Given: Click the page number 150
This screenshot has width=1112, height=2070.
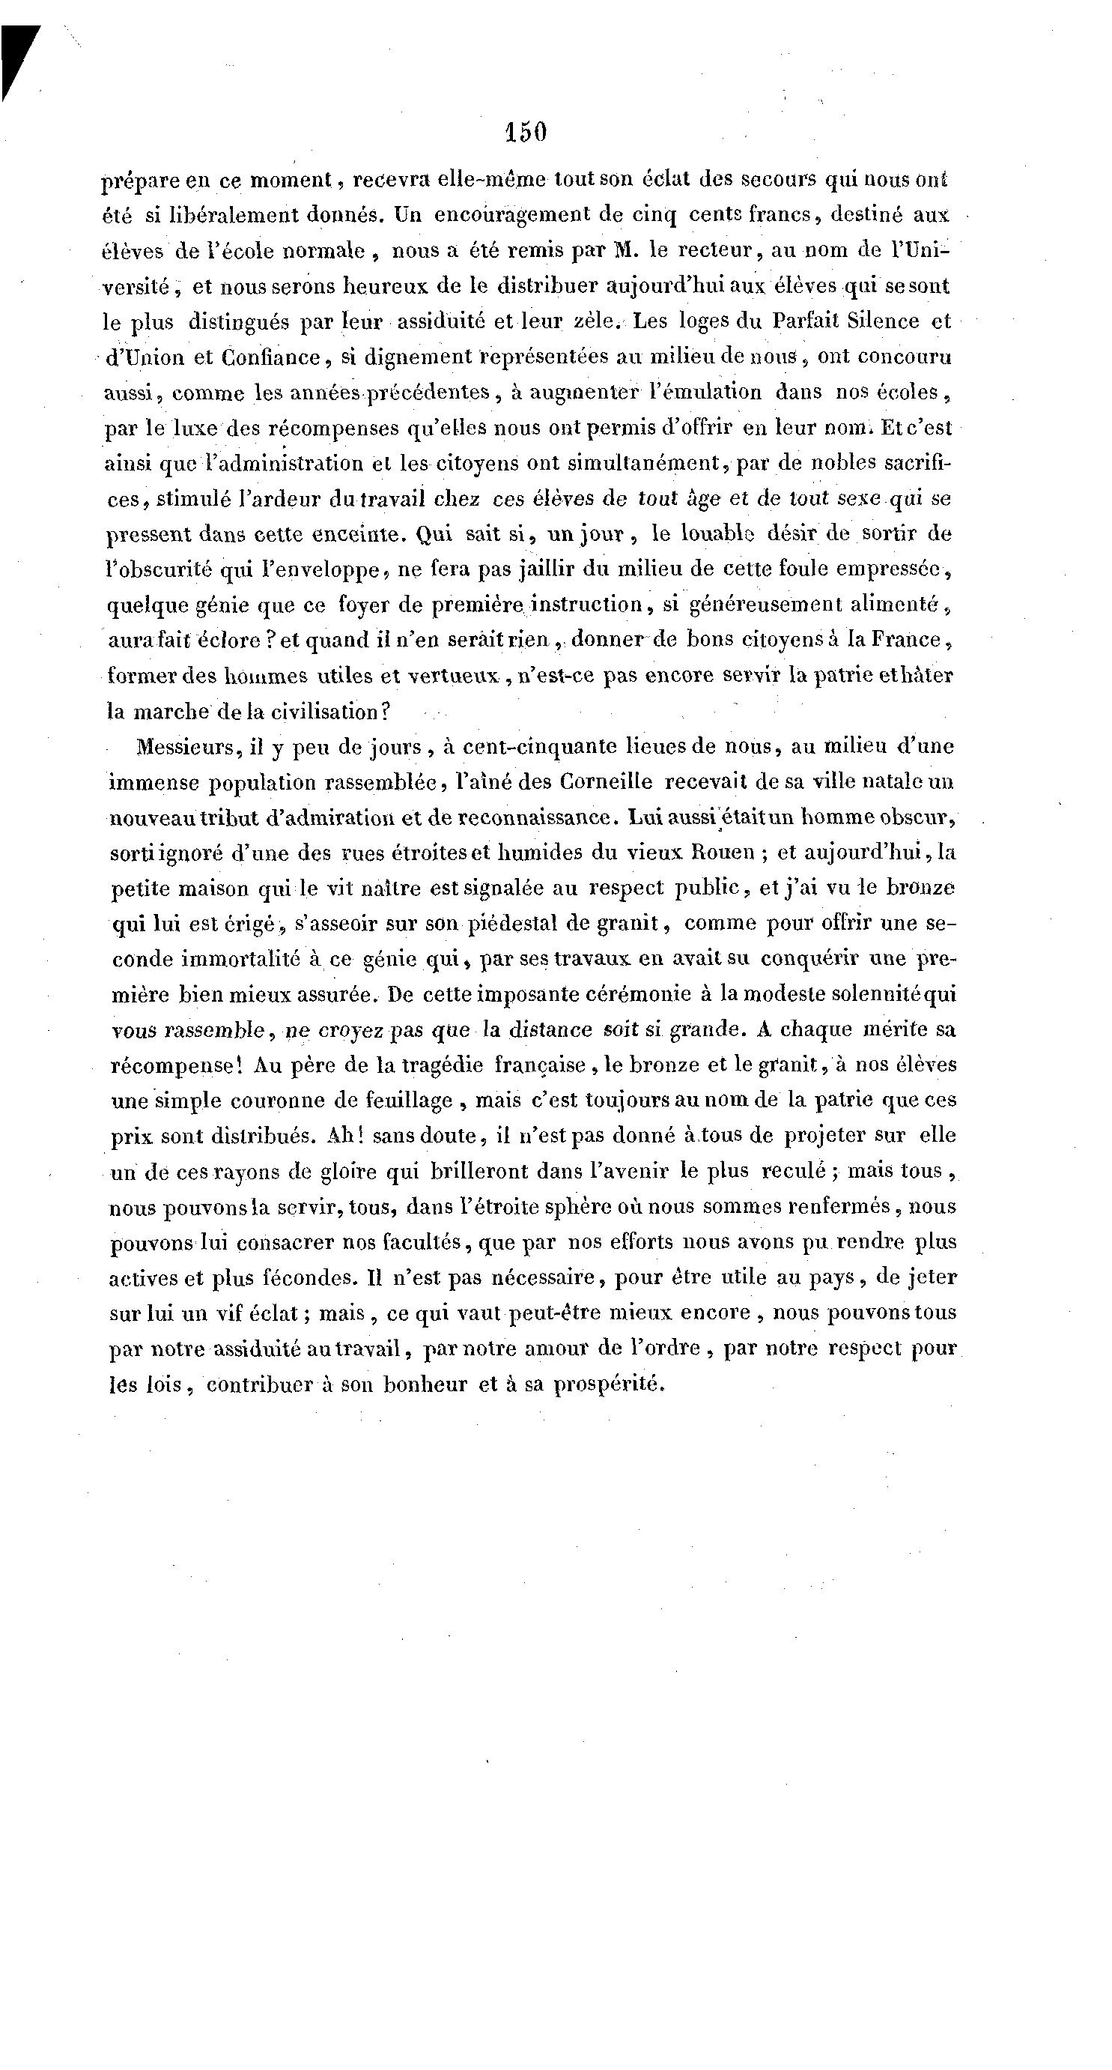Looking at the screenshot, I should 526,132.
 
